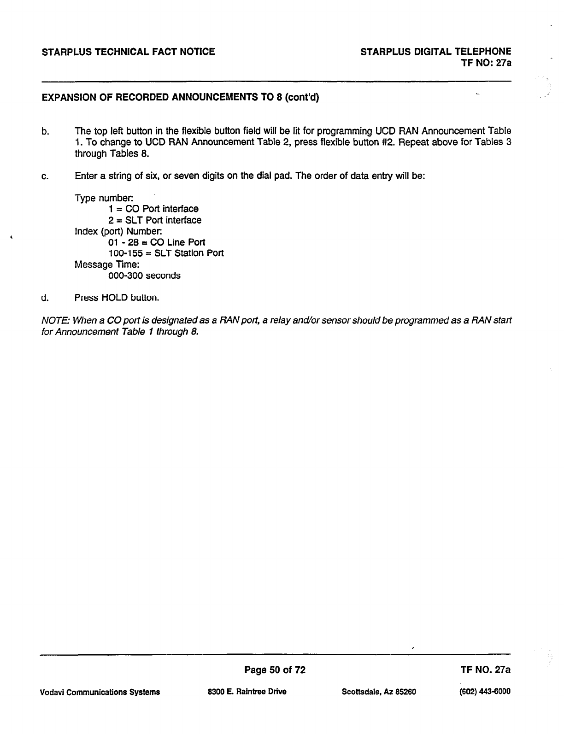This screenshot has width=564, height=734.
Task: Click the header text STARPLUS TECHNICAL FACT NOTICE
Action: (128, 52)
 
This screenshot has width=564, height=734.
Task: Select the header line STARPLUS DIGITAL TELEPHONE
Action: (435, 52)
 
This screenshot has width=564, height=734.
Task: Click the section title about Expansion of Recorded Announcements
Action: (180, 98)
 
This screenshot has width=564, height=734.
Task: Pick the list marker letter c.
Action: (45, 176)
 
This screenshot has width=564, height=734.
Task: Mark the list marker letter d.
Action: (45, 298)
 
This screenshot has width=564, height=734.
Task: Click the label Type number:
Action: (104, 198)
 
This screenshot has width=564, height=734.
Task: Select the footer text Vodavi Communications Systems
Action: (100, 692)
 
